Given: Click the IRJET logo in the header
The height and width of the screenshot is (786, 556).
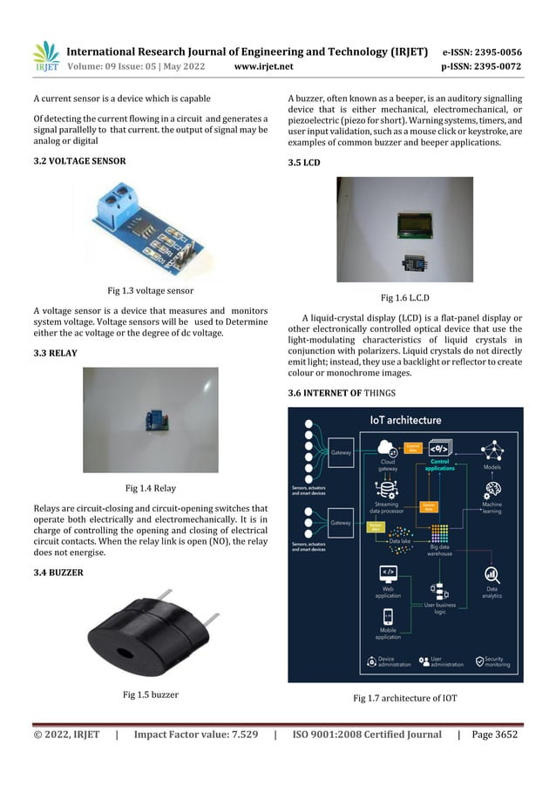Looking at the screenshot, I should coord(45,57).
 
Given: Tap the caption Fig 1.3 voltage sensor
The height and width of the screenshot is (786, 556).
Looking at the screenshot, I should coord(151,289).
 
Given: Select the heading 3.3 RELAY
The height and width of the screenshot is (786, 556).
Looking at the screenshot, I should coord(55,353).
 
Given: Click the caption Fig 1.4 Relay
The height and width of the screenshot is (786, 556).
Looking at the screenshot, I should coord(151,488).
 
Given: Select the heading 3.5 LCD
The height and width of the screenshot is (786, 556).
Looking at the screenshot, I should coord(304,162).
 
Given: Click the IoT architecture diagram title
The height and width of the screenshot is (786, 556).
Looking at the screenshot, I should coord(406,420).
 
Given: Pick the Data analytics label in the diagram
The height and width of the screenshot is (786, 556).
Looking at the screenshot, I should coord(492,593).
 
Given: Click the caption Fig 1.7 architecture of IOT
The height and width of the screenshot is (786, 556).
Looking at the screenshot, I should coord(404,699).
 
